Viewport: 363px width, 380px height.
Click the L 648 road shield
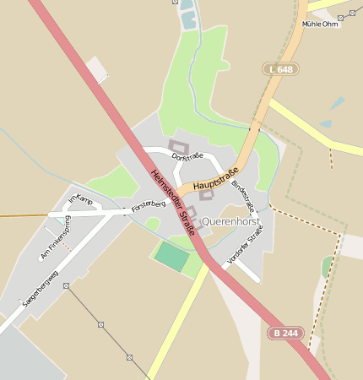(x=280, y=68)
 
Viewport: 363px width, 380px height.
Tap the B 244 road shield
(x=285, y=333)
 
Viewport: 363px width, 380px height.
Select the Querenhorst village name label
(x=232, y=221)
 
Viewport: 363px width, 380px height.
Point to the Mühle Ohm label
(x=320, y=24)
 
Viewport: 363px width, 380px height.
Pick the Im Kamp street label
(x=79, y=199)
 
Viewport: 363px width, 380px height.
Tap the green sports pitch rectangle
(x=172, y=257)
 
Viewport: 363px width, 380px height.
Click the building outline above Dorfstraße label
(x=178, y=145)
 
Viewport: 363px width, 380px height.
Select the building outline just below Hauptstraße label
(x=207, y=194)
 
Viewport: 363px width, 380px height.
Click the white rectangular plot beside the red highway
(x=98, y=69)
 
